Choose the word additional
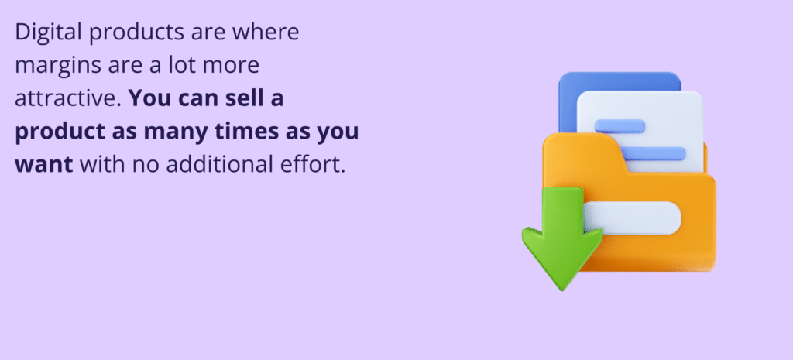point(213,165)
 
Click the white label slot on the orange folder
point(632,218)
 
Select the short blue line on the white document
point(620,126)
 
